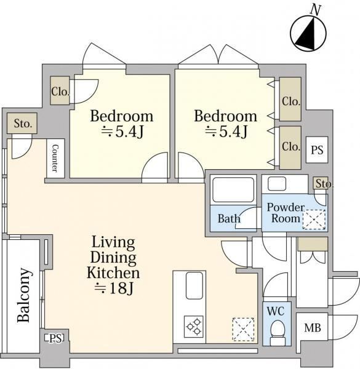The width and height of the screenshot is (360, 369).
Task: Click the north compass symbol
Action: (308, 33)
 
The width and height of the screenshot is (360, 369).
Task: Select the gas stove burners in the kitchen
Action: (194, 327)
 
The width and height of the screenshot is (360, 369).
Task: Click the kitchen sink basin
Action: (194, 286)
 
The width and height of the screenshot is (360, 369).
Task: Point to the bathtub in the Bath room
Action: (233, 189)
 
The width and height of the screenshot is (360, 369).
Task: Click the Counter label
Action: (55, 158)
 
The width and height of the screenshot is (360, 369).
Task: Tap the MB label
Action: (313, 328)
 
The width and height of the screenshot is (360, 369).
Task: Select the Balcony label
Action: (24, 295)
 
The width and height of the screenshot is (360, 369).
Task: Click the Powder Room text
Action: (286, 213)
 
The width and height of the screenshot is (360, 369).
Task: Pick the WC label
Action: (276, 311)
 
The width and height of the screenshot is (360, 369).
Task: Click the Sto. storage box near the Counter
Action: (22, 124)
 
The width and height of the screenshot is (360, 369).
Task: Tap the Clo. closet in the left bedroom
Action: (60, 90)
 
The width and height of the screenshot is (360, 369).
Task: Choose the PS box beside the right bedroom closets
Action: (317, 149)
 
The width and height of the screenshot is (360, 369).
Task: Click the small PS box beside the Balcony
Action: (54, 338)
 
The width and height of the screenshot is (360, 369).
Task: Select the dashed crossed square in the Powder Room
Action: (314, 220)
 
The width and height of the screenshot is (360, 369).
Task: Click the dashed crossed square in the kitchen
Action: (243, 329)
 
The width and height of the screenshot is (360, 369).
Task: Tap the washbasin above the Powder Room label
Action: (277, 184)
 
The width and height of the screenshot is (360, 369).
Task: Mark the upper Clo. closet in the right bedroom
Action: (290, 99)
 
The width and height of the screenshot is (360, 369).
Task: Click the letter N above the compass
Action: (316, 10)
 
